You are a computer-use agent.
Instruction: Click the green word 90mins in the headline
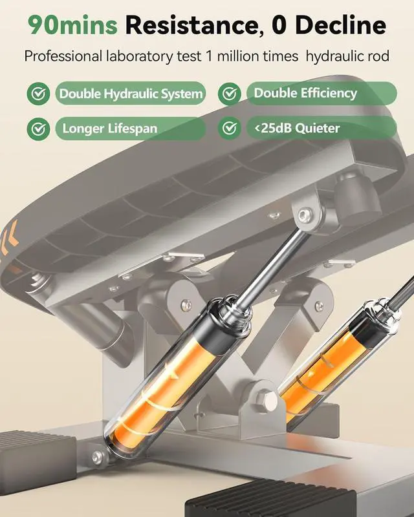point(73,26)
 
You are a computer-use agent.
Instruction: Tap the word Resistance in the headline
point(192,26)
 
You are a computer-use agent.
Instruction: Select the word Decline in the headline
point(341,25)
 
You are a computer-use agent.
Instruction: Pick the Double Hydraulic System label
point(131,94)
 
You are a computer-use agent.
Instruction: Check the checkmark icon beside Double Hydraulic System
point(38,94)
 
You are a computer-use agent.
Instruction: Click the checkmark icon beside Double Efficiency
point(230,94)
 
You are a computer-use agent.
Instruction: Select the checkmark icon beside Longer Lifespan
point(38,129)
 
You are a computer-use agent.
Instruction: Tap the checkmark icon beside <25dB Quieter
point(230,128)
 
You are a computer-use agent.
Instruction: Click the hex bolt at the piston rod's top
point(304,215)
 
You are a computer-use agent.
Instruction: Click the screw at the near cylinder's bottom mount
point(98,457)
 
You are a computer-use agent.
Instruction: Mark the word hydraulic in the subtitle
point(333,56)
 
